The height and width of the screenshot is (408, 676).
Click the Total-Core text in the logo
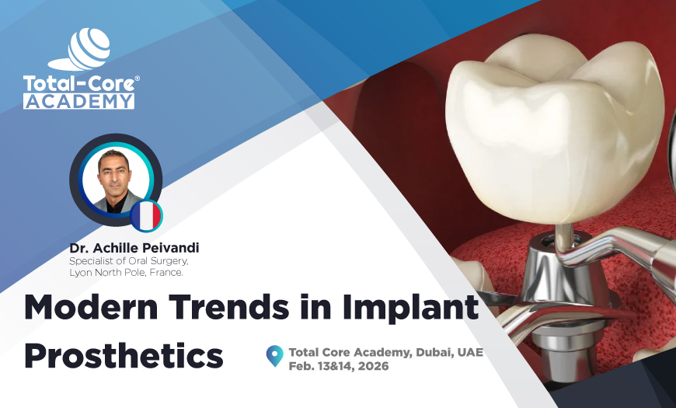coord(78,83)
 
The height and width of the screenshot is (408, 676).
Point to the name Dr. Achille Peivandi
coord(134,247)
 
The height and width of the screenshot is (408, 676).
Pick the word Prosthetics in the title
coord(124,355)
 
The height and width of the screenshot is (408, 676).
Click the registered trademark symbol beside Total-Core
coord(138,78)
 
